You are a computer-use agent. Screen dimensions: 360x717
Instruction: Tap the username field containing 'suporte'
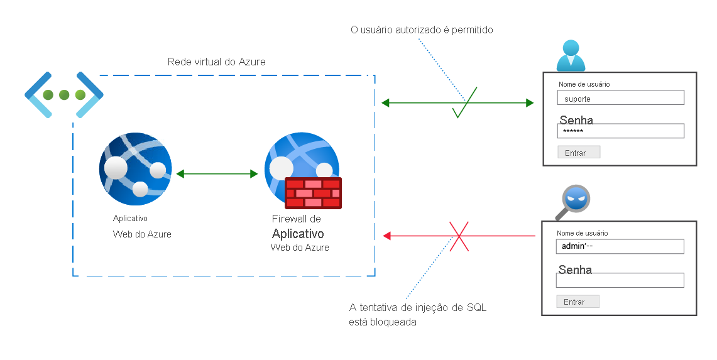pyautogui.click(x=620, y=98)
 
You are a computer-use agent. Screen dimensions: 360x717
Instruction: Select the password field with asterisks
pyautogui.click(x=620, y=131)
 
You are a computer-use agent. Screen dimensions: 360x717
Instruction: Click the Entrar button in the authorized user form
pyautogui.click(x=578, y=153)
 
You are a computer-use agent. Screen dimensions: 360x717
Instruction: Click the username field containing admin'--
pyautogui.click(x=620, y=246)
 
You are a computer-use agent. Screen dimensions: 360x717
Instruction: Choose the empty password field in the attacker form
pyautogui.click(x=620, y=280)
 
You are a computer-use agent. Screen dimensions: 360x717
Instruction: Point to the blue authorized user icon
pyautogui.click(x=571, y=56)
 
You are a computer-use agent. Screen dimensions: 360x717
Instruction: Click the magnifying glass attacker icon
pyautogui.click(x=574, y=201)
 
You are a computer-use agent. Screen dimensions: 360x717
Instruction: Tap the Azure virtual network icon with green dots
pyautogui.click(x=63, y=95)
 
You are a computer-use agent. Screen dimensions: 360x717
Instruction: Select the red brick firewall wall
pyautogui.click(x=313, y=193)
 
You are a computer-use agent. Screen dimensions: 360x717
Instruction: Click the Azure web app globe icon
pyautogui.click(x=135, y=168)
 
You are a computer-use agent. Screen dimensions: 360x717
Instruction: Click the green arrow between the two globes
pyautogui.click(x=217, y=174)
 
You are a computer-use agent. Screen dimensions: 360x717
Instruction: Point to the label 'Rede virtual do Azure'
pyautogui.click(x=216, y=62)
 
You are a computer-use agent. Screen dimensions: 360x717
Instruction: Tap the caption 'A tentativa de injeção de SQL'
pyautogui.click(x=417, y=308)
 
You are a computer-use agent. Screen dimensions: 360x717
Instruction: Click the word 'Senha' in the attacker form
pyautogui.click(x=575, y=270)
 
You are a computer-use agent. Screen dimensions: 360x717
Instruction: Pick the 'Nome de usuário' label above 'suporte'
pyautogui.click(x=584, y=84)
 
